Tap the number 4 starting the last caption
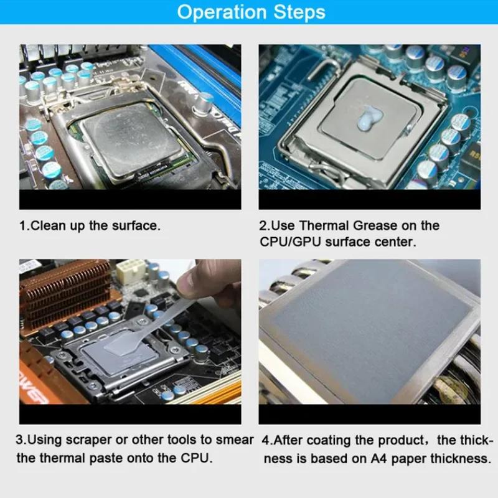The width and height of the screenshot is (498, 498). point(265,440)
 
